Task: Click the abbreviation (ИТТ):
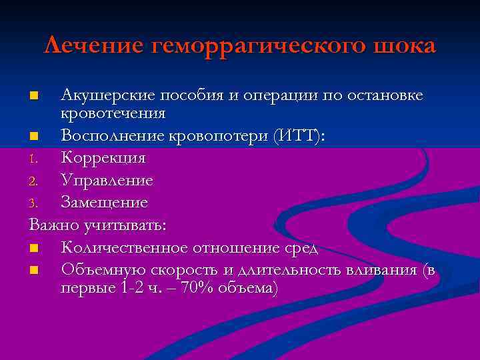coord(294,136)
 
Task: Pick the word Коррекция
coord(103,158)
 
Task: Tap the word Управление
coord(107,180)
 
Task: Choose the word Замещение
coord(105,202)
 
